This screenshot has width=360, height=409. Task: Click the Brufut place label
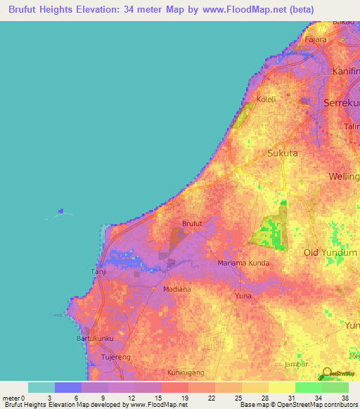pyautogui.click(x=192, y=223)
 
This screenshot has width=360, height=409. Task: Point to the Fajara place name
pyautogui.click(x=316, y=40)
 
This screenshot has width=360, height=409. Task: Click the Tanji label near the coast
pyautogui.click(x=98, y=271)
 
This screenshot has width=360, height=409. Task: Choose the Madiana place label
pyautogui.click(x=176, y=289)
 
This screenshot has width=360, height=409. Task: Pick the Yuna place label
pyautogui.click(x=243, y=296)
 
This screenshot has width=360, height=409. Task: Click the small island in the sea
pyautogui.click(x=63, y=210)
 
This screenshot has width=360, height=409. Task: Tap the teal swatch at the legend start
pyautogui.click(x=41, y=387)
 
